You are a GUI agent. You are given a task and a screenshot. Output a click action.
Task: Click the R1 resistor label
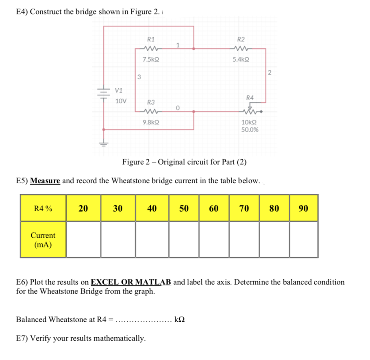(150, 39)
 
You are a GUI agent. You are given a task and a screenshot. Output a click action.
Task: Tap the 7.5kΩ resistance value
(150, 59)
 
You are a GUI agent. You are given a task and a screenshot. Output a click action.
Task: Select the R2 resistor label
(241, 39)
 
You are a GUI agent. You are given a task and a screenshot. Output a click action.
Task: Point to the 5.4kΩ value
(241, 59)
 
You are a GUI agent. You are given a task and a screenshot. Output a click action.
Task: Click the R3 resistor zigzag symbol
(151, 111)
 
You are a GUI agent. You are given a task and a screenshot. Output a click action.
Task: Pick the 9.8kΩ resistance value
(150, 121)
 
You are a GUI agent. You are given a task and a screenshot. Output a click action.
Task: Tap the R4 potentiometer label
(250, 98)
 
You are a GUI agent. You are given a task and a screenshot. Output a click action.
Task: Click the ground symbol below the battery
(104, 143)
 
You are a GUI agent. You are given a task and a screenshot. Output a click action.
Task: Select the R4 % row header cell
(43, 208)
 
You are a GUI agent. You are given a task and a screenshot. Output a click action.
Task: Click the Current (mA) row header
(43, 240)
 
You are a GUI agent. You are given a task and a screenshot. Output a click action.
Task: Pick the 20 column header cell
(83, 208)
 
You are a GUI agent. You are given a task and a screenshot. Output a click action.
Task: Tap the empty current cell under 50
(184, 240)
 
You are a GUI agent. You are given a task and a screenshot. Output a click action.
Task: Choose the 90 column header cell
(303, 208)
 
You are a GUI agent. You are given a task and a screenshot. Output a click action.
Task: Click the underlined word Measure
(45, 180)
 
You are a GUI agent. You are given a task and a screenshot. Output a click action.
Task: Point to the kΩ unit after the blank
(179, 319)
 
